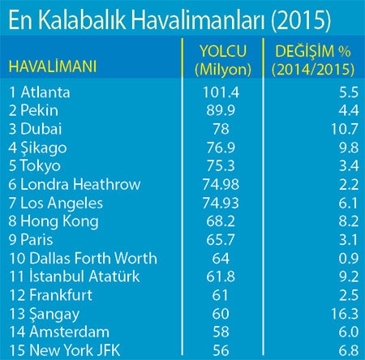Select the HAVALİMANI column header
pyautogui.click(x=53, y=66)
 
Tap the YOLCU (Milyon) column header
pyautogui.click(x=223, y=60)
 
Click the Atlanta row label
pyautogui.click(x=40, y=92)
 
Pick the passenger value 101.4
pyautogui.click(x=221, y=92)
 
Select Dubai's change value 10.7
pyautogui.click(x=345, y=129)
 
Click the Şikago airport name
pyautogui.click(x=44, y=148)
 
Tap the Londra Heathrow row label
pyautogui.click(x=75, y=184)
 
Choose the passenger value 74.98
pyautogui.click(x=221, y=184)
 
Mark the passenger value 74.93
pyautogui.click(x=221, y=203)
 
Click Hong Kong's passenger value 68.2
pyautogui.click(x=221, y=221)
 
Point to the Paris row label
pyautogui.click(x=31, y=240)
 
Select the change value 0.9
pyautogui.click(x=349, y=258)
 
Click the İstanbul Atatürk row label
pyautogui.click(x=75, y=276)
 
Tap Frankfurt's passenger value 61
pyautogui.click(x=220, y=295)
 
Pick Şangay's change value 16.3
pyautogui.click(x=345, y=314)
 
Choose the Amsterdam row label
pyautogui.click(x=59, y=332)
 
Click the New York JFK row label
pyautogui.click(x=65, y=350)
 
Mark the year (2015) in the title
pyautogui.click(x=301, y=20)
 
